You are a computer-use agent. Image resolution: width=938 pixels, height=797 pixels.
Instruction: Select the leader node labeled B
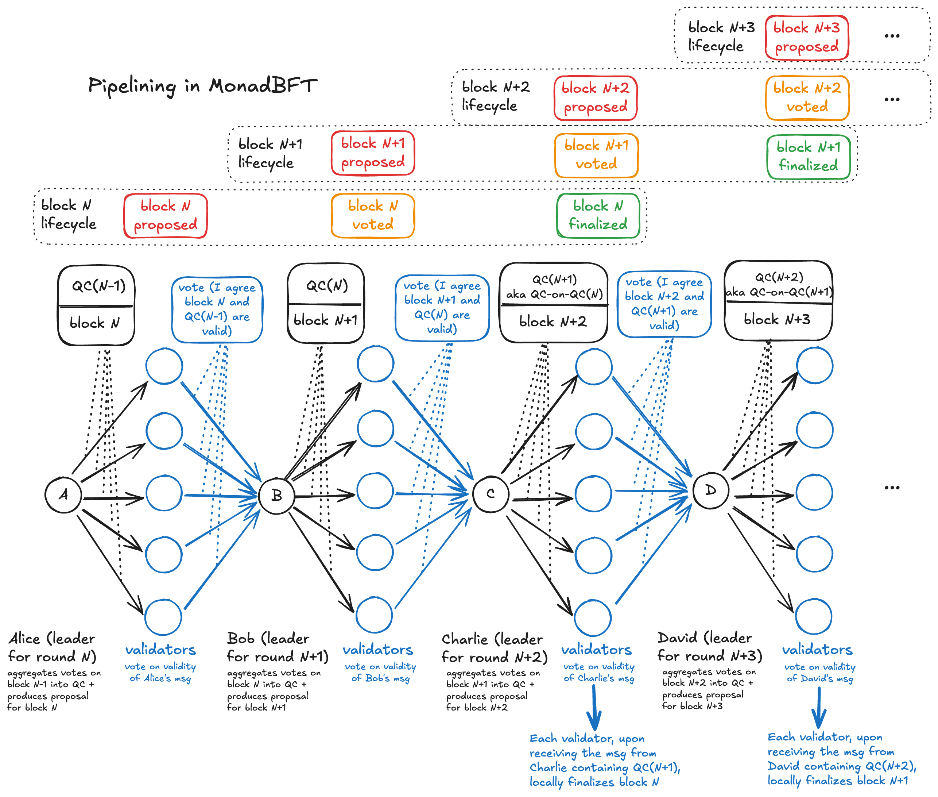pyautogui.click(x=276, y=495)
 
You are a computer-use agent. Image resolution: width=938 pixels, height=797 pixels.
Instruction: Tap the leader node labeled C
pyautogui.click(x=491, y=494)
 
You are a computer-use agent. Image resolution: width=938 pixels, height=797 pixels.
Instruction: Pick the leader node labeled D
pyautogui.click(x=710, y=490)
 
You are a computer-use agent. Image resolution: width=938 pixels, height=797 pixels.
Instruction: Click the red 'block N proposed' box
pyautogui.click(x=165, y=216)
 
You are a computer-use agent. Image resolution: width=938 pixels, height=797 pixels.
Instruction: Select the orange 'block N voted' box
pyautogui.click(x=373, y=216)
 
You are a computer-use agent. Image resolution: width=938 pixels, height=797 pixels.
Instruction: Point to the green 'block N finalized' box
pyautogui.click(x=598, y=216)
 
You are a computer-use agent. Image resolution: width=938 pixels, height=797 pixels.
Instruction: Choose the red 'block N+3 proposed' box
pyautogui.click(x=807, y=38)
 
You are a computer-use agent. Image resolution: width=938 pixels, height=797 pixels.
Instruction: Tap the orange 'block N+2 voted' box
pyautogui.click(x=807, y=97)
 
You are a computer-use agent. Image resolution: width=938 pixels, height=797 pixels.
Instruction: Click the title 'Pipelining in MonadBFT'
pyautogui.click(x=203, y=86)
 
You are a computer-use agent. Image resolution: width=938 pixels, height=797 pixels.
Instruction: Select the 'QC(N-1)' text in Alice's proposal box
pyautogui.click(x=98, y=286)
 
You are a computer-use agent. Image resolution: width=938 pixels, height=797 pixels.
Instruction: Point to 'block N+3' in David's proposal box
pyautogui.click(x=777, y=319)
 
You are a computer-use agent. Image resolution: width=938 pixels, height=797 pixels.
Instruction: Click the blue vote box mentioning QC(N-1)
pyautogui.click(x=217, y=309)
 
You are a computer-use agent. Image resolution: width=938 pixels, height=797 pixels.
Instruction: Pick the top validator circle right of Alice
pyautogui.click(x=164, y=366)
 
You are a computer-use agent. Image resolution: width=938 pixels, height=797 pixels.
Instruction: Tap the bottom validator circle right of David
pyautogui.click(x=814, y=617)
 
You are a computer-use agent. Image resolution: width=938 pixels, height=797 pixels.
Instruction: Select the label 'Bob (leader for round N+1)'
pyautogui.click(x=276, y=647)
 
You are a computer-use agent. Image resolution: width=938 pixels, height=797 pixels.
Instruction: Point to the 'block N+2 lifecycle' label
pyautogui.click(x=495, y=96)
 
